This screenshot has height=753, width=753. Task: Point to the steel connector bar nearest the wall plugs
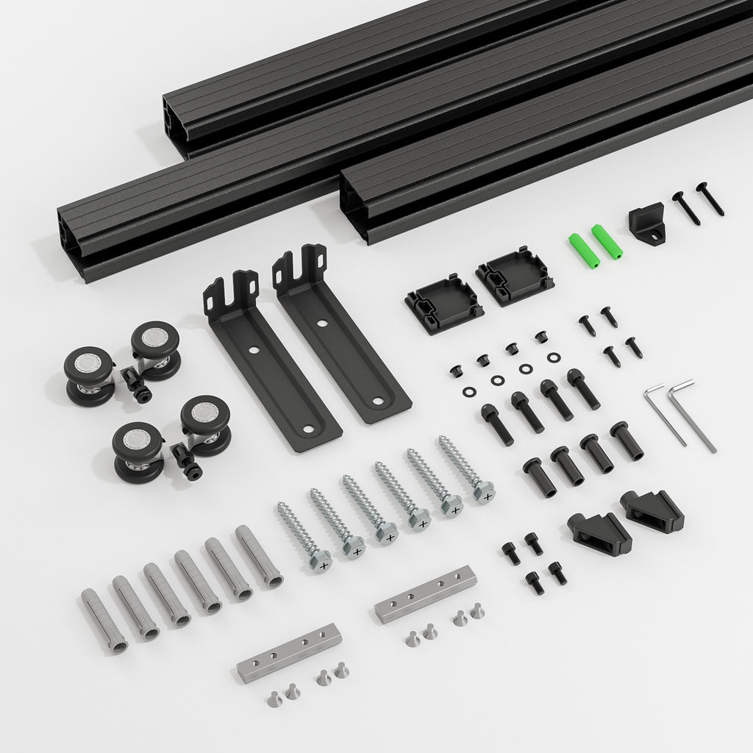(x=289, y=652)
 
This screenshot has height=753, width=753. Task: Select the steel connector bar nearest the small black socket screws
(x=425, y=593)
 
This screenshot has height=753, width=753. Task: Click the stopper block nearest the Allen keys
(x=652, y=510)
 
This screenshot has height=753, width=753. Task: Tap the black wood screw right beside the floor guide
(x=686, y=208)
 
